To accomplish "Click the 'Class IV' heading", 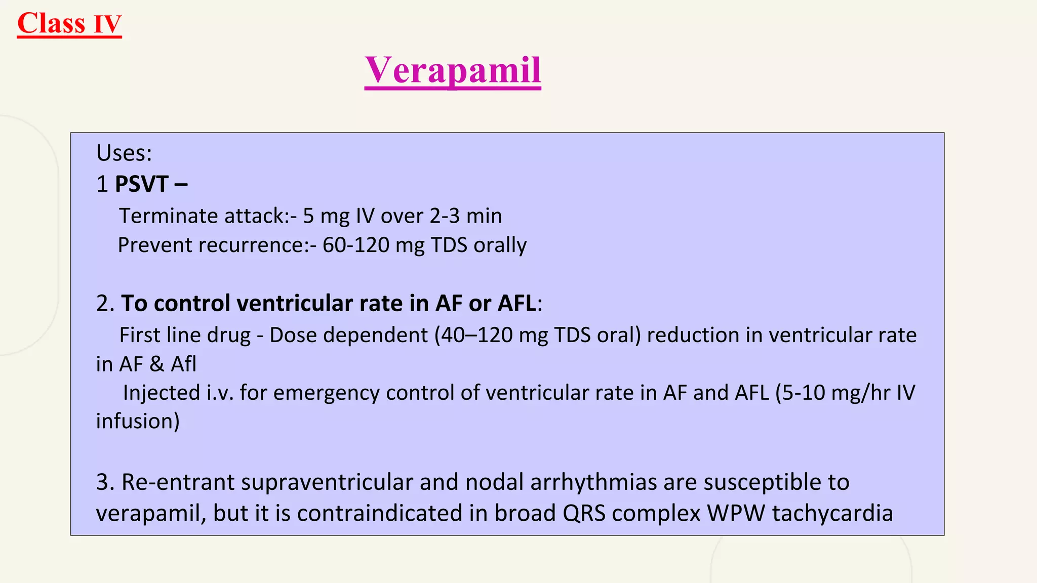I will pos(69,24).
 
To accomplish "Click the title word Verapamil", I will pos(453,70).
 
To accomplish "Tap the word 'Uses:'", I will pos(124,153).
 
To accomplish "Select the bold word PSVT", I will pos(142,184).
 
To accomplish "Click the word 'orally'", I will pos(500,245).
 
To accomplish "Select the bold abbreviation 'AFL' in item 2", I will pos(516,303).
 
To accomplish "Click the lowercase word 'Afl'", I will pos(183,364).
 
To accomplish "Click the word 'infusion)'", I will pos(138,422).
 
